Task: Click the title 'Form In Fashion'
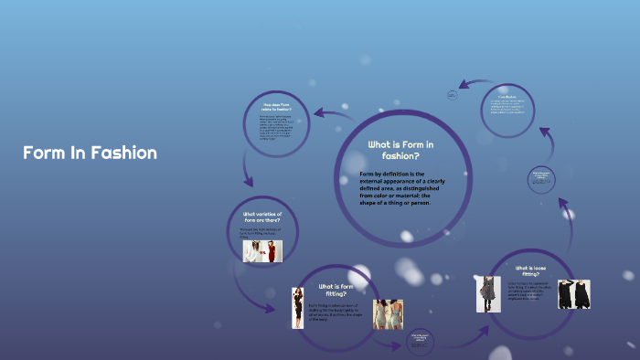pos(90,153)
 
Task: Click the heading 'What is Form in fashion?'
pos(400,150)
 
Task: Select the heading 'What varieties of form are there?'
pos(262,217)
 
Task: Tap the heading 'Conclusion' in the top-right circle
pos(507,96)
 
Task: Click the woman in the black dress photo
pos(297,307)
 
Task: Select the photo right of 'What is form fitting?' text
pos(387,314)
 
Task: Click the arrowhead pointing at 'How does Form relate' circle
pos(319,113)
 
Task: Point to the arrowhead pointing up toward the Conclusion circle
pos(545,133)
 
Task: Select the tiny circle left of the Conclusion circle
pos(452,94)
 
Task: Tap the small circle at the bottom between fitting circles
pos(420,340)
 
